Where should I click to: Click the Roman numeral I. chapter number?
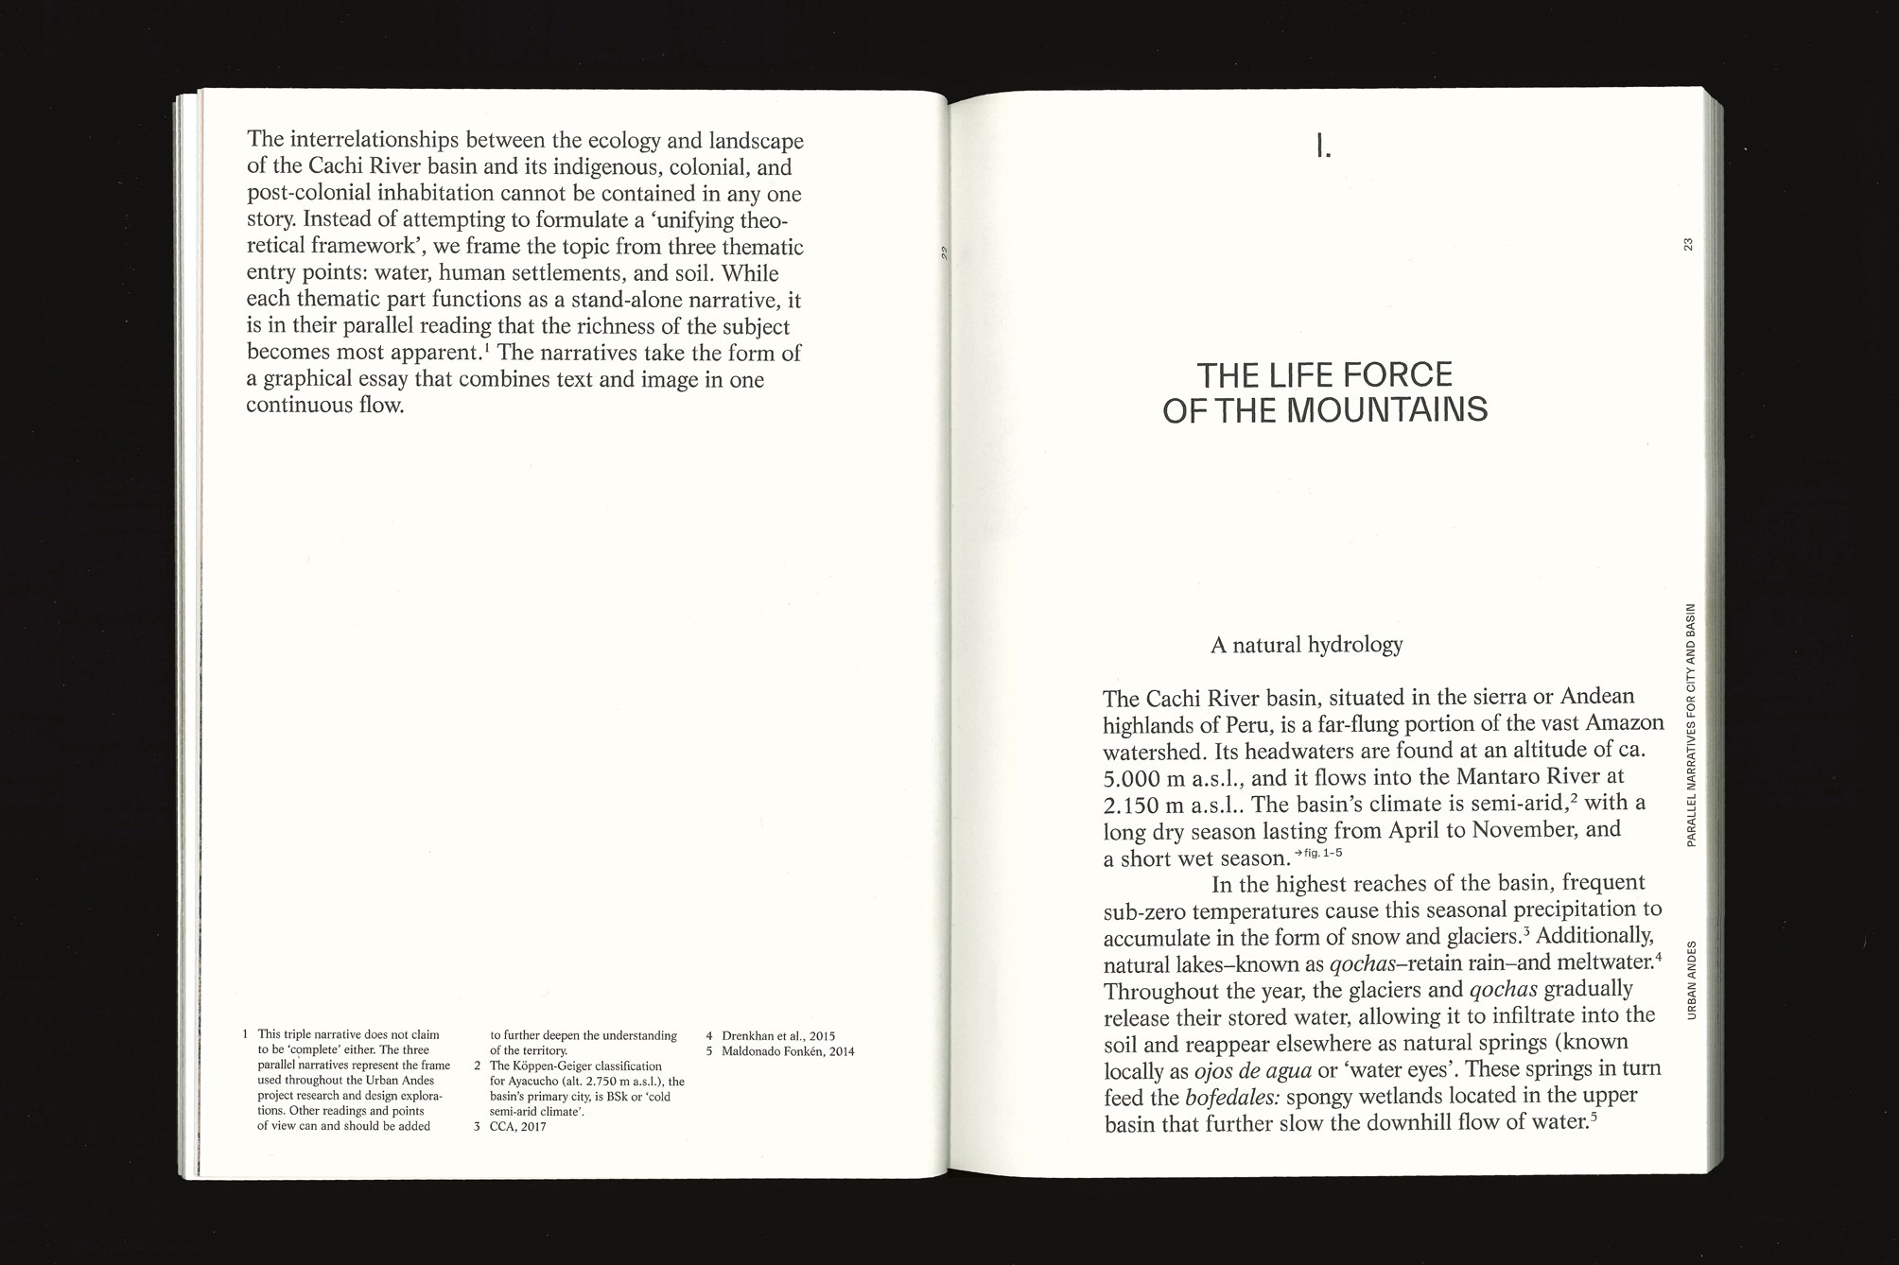(x=1323, y=147)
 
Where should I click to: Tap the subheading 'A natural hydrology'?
(x=1306, y=646)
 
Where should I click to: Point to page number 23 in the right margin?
(x=1688, y=245)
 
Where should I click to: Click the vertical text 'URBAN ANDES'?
(x=1691, y=979)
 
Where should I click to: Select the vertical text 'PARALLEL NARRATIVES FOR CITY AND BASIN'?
(x=1691, y=724)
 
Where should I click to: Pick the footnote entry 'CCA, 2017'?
(x=517, y=1127)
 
